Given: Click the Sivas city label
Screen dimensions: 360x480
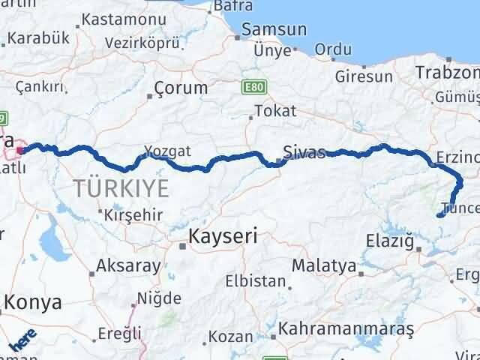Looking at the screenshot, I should (304, 153).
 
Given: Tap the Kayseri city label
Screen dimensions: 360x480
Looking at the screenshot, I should (223, 236).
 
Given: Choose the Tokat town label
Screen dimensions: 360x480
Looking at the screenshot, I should (275, 111).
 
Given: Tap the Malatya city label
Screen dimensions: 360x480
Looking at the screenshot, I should (324, 265).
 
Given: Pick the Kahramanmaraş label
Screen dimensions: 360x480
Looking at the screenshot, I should (346, 328).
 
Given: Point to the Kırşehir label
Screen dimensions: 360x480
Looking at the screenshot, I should (133, 215).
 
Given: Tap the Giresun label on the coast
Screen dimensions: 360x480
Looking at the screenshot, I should (369, 76).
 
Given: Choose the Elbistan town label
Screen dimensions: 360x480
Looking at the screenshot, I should (256, 283).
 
